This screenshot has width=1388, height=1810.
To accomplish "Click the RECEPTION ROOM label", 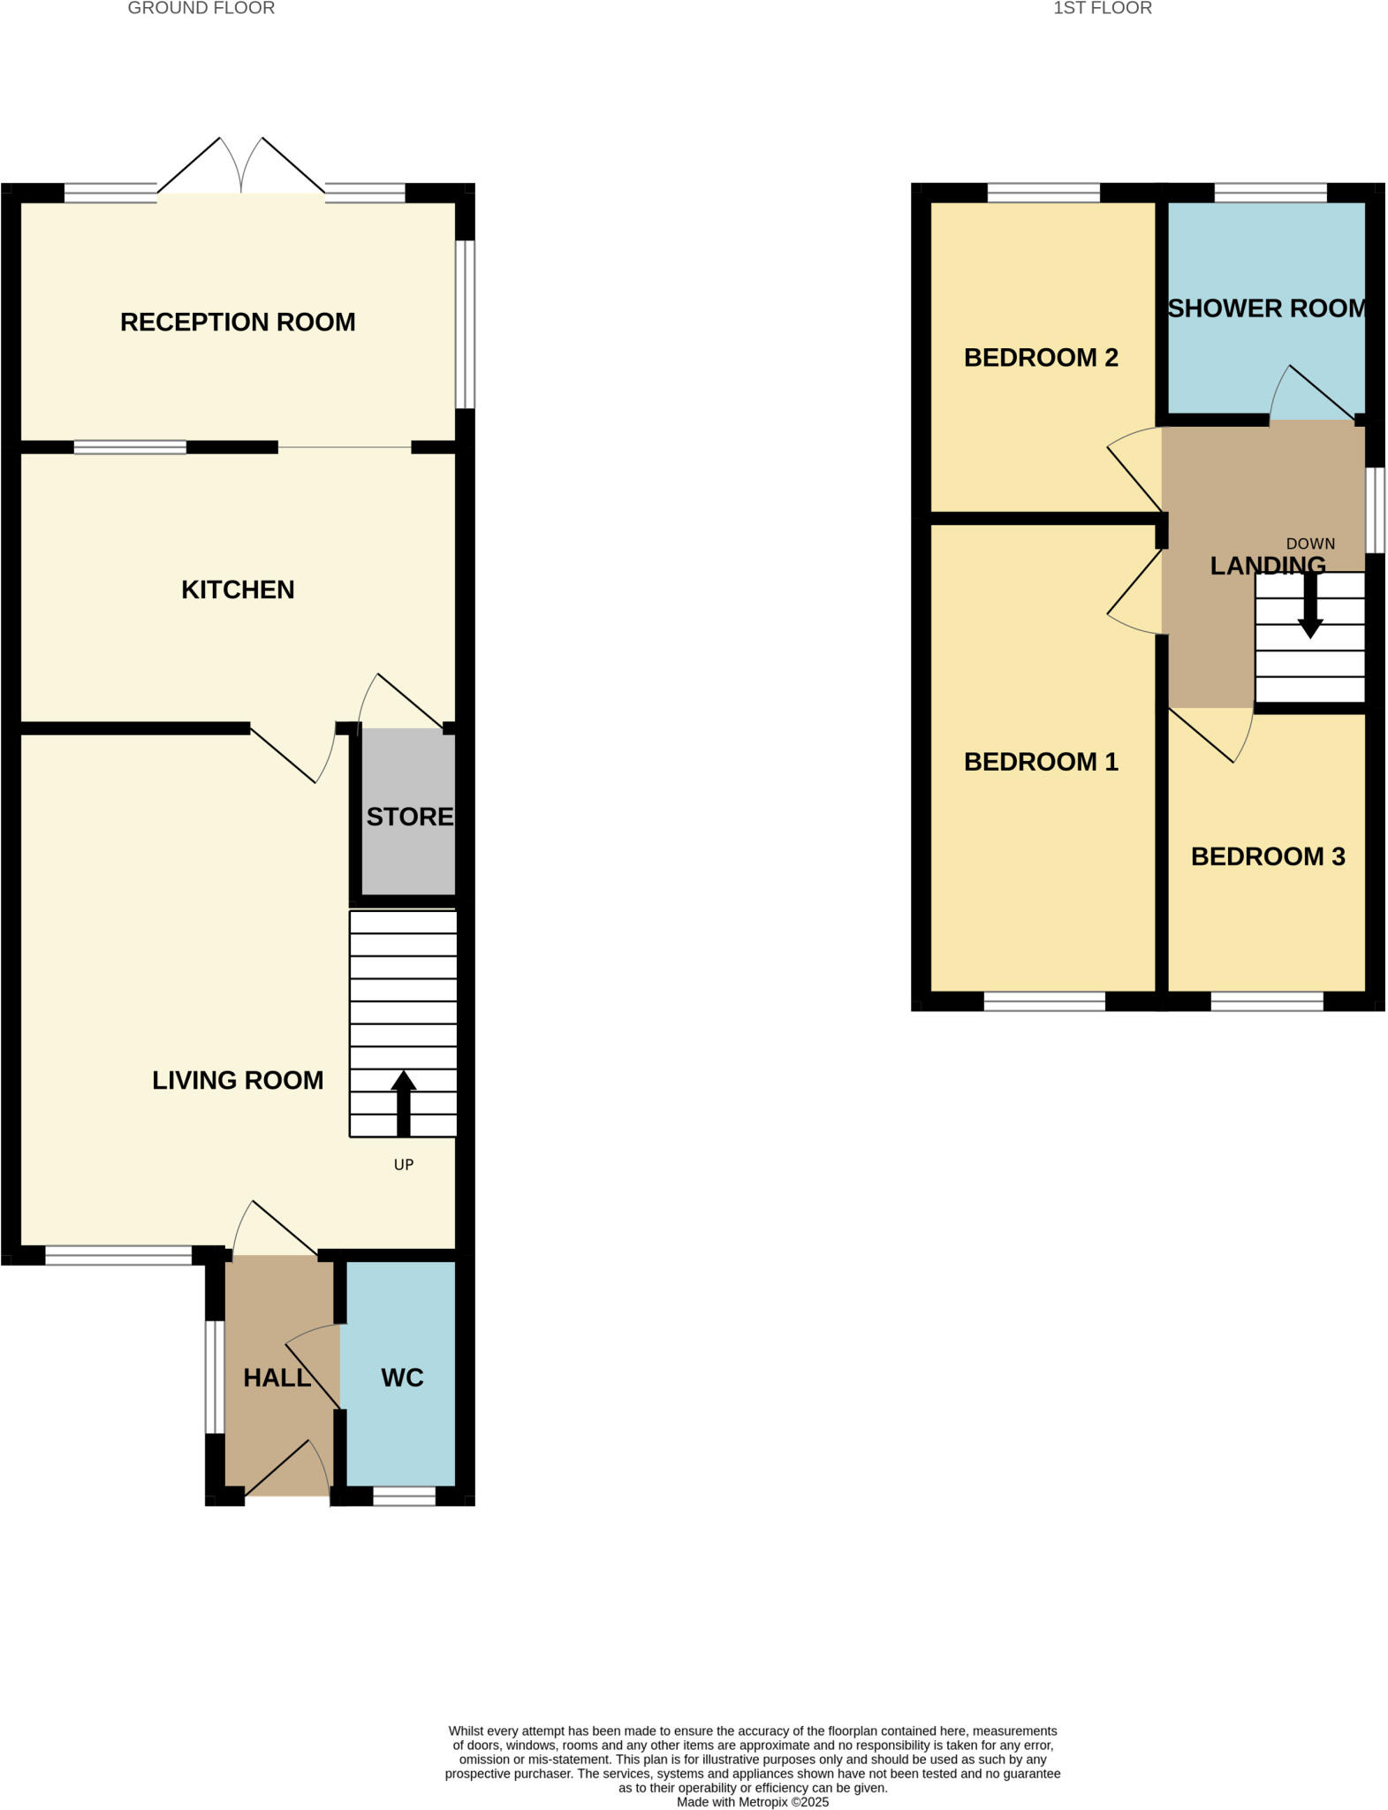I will (238, 323).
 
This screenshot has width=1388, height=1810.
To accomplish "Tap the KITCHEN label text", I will (238, 590).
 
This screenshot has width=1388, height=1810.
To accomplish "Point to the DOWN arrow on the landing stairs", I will (1310, 606).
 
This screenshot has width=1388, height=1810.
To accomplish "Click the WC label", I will (402, 1378).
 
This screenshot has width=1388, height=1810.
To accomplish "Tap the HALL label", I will (277, 1378).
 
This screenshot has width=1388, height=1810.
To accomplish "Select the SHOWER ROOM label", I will (1267, 308).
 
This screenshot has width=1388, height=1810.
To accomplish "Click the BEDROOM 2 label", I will (1041, 358).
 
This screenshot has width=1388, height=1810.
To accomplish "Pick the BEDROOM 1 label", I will (1041, 762).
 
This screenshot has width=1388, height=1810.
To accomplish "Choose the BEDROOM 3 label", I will (1268, 856).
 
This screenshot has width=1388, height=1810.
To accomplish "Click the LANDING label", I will (1267, 566).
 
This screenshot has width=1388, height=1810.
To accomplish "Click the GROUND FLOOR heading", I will (201, 9).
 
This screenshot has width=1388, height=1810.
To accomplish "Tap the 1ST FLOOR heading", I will (1103, 9).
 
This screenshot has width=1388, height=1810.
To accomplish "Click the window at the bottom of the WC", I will (404, 1496).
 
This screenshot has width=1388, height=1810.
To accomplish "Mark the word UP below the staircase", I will (404, 1165).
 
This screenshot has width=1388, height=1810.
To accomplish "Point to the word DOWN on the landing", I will (1310, 544).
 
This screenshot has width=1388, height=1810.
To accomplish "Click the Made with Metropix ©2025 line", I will (753, 1802).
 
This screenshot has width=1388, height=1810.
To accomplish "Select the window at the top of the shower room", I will (1270, 193).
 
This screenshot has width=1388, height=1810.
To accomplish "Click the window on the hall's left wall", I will (215, 1376).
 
